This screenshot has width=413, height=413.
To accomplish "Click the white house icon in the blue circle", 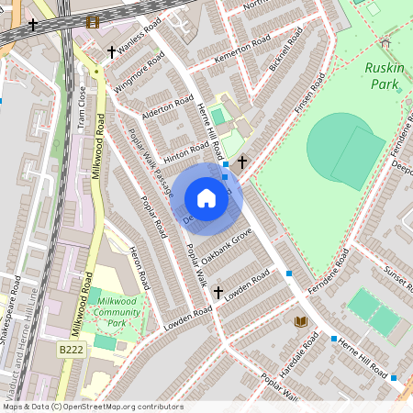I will [206, 198].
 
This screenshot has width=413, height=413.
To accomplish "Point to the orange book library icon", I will [300, 321].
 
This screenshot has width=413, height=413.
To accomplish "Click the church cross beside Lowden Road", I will [218, 293].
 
